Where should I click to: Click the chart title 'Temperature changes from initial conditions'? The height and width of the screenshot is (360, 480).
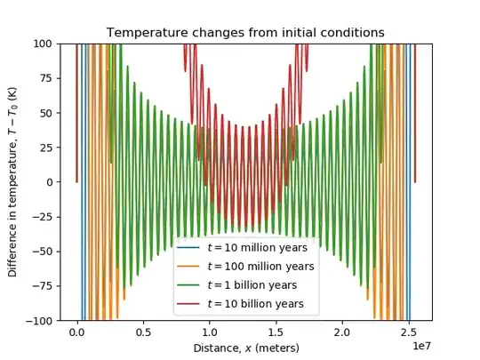[245, 33]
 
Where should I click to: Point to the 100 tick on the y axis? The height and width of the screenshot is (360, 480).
[44, 43]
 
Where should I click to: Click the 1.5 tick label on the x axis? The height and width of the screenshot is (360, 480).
[276, 332]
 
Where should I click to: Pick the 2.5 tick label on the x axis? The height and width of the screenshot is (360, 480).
[409, 332]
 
